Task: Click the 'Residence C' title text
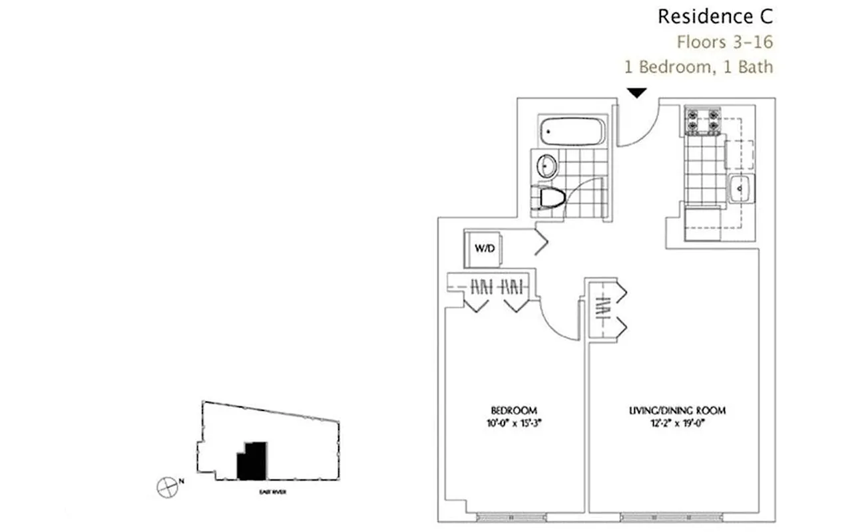coord(715,16)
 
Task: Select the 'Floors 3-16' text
coord(725,42)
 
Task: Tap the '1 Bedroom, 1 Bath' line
coord(698,66)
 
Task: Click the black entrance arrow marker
coord(637,93)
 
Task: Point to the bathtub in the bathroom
coord(572,132)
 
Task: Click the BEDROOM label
coord(513,410)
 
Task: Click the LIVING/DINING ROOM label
coord(677,410)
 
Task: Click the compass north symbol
coord(166,487)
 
